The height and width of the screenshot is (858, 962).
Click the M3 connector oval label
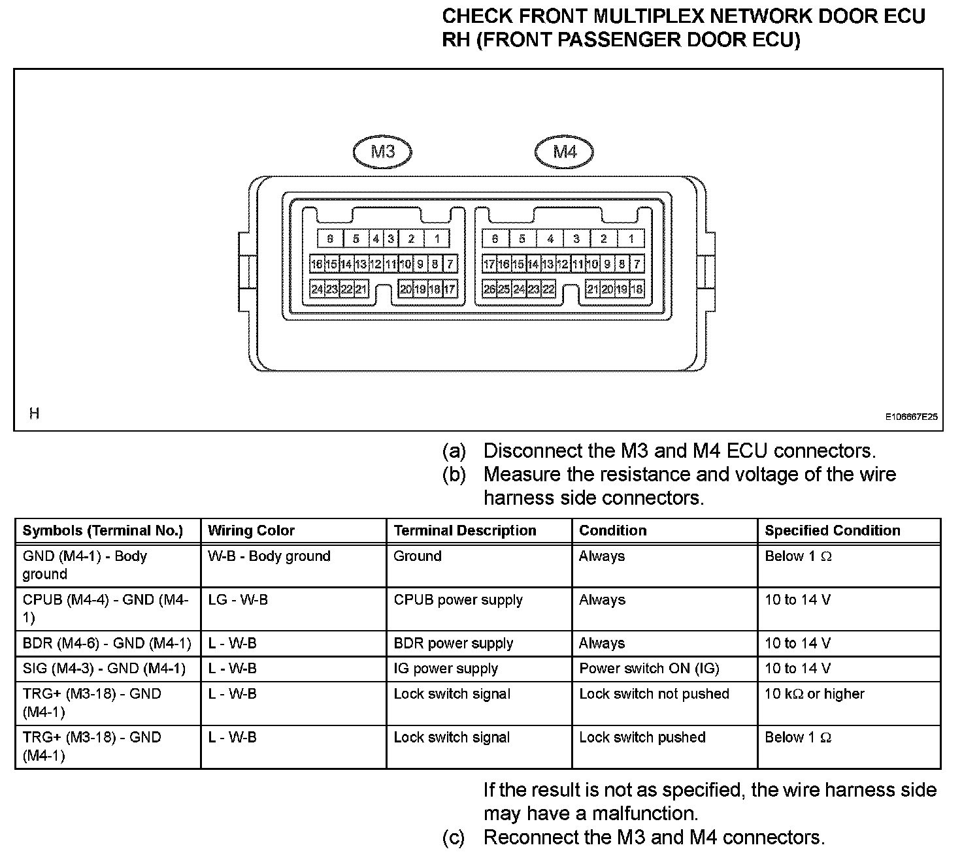pos(382,152)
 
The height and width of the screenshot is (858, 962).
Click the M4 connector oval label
pos(565,152)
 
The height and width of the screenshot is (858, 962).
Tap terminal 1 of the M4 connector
pos(631,239)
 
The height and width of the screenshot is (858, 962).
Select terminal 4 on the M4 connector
pos(550,239)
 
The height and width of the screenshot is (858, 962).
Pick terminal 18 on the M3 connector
pos(435,289)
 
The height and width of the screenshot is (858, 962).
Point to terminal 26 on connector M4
pos(489,289)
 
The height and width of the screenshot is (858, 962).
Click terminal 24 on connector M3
pos(317,289)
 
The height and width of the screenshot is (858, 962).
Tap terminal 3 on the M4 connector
pos(576,239)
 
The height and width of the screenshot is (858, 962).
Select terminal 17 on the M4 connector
pos(489,264)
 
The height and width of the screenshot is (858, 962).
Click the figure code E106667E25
pos(912,416)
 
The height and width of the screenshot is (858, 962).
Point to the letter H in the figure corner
pos(34,413)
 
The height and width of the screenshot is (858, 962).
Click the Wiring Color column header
pos(251,531)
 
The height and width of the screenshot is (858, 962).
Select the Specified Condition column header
pos(832,531)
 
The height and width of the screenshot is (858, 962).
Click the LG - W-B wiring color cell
pos(238,600)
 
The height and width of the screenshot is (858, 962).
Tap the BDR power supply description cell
pos(453,644)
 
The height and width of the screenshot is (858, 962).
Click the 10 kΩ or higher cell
pos(814,694)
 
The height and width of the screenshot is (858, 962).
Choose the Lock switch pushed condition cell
pos(642,738)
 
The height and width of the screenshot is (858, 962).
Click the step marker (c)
pos(454,838)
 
